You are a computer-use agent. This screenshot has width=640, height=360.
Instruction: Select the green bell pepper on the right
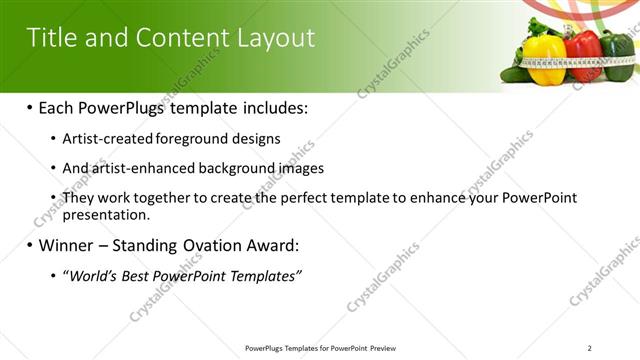coord(620,58)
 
